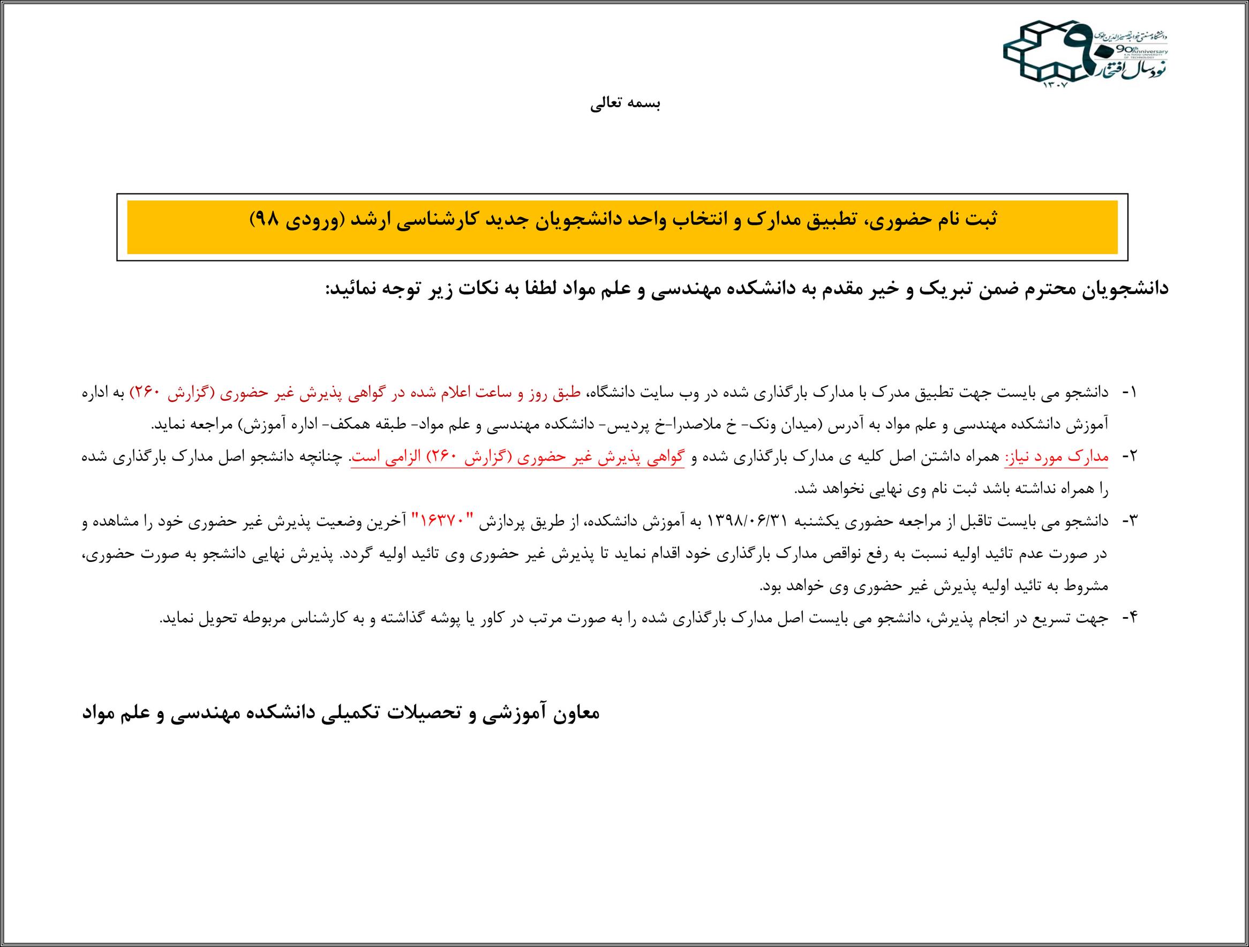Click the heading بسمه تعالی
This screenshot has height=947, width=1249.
pos(625,104)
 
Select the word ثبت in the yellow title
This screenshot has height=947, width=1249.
pos(985,219)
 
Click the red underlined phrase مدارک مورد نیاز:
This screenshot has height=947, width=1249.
pos(1071,457)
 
